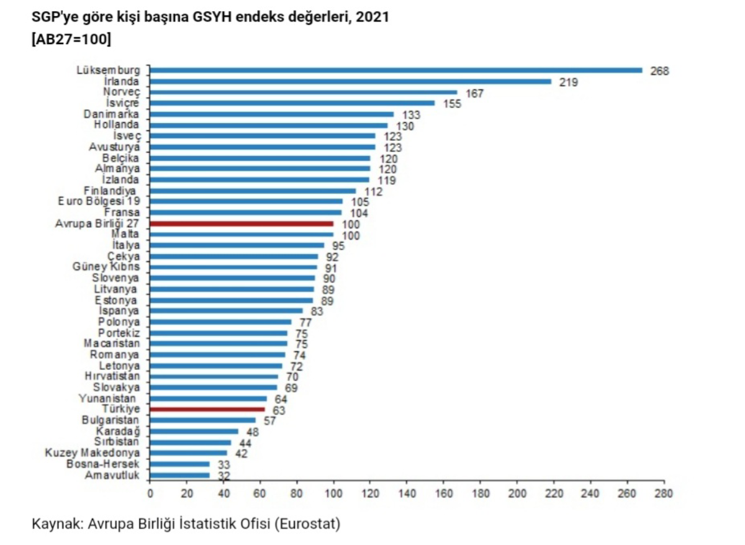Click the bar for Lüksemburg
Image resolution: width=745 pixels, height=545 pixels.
pos(396,70)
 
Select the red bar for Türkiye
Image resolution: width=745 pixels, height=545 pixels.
pos(207,409)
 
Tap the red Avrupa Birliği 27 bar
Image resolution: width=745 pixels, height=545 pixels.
pos(242,223)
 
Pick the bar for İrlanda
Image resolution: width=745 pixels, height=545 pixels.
pos(350,81)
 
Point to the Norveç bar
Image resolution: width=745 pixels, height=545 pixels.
pos(303,92)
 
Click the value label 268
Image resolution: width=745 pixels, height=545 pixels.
pos(659,71)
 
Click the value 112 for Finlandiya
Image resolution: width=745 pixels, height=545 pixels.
pos(372,192)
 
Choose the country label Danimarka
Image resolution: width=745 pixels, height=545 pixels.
pos(112,114)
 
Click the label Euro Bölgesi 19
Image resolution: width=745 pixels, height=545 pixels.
pos(99,201)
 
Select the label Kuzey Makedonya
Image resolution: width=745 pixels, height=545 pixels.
pos(93,453)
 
